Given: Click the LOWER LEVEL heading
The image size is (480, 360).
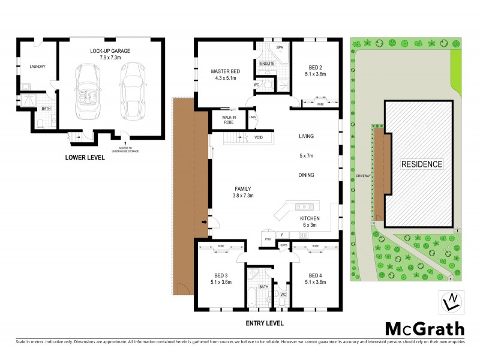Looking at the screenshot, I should click(85, 158).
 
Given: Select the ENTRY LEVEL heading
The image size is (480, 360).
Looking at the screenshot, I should click(264, 323).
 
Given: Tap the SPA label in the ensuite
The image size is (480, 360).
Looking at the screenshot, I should click(279, 46).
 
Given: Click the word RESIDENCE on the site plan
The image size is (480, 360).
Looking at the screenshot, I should click(422, 164).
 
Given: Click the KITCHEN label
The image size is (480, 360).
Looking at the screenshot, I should click(310, 218).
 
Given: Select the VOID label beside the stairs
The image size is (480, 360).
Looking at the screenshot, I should click(259, 137).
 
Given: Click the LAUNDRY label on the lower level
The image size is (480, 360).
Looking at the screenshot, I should click(38, 67).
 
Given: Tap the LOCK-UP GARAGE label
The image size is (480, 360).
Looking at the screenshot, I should click(110, 51).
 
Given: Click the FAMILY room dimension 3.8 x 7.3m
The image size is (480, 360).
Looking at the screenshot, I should click(243, 196).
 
